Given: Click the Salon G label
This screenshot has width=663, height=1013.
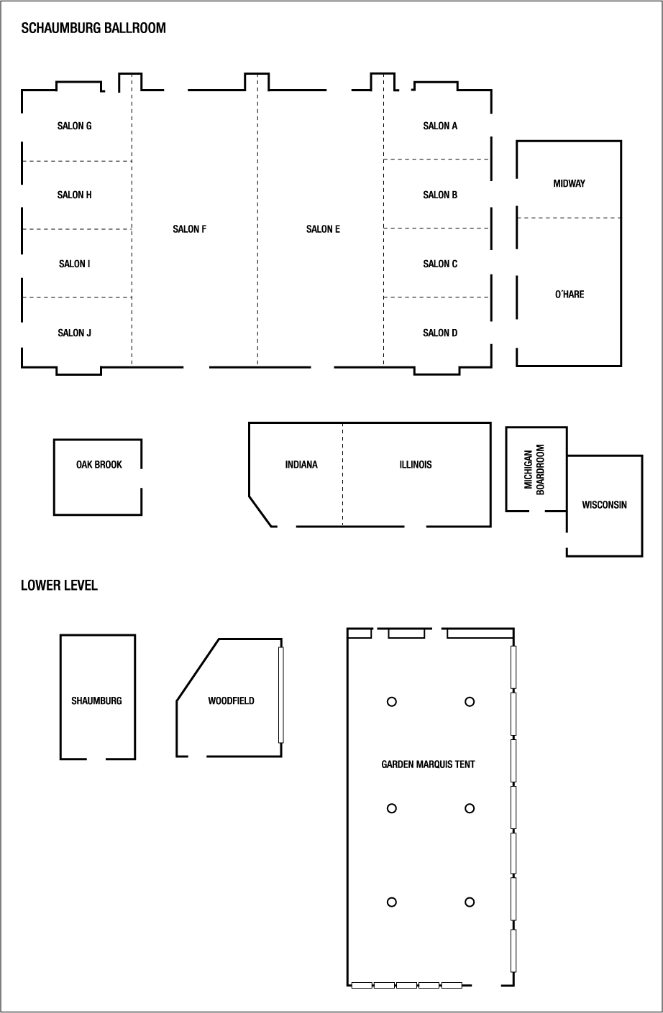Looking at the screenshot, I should (x=74, y=126).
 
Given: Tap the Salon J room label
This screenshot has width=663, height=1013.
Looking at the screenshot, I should (x=74, y=333).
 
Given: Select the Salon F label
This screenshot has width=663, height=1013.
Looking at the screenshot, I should (x=189, y=230).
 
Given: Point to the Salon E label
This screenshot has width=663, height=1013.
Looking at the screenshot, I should (x=323, y=230).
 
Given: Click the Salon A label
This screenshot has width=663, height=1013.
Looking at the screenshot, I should (x=440, y=126).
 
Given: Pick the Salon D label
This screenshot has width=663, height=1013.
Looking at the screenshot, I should (x=440, y=333).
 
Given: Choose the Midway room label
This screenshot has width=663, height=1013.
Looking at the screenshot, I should (x=569, y=184).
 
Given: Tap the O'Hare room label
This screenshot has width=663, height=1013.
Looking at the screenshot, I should (x=569, y=295).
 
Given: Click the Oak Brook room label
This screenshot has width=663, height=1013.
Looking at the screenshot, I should (x=99, y=466).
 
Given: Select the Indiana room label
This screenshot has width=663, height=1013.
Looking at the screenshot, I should (x=301, y=466).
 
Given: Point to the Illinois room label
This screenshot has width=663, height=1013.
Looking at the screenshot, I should (x=416, y=466).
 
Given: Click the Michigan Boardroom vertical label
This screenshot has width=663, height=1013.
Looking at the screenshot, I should (x=534, y=470).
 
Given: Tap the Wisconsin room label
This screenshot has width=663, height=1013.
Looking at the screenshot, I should (x=604, y=505).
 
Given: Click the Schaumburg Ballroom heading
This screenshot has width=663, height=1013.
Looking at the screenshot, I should (x=93, y=29).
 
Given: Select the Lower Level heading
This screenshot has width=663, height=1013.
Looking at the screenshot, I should (x=59, y=586).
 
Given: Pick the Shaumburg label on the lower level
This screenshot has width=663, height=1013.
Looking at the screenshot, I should (x=96, y=701).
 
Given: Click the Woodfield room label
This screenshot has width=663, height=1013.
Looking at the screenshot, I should (x=231, y=701).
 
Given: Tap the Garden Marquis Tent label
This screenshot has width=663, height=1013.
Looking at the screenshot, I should (x=428, y=764).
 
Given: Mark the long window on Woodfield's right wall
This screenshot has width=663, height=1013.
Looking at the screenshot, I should (x=281, y=695).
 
